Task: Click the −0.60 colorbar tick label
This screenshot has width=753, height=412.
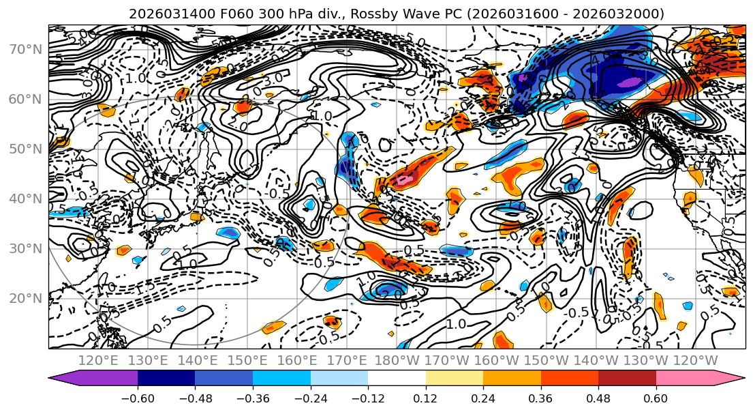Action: [x=138, y=397]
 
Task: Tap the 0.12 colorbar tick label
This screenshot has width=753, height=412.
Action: [x=426, y=397]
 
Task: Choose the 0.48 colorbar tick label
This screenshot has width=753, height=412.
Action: [x=598, y=397]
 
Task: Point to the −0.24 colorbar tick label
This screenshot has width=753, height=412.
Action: [x=310, y=397]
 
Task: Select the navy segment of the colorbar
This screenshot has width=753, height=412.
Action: [x=166, y=379]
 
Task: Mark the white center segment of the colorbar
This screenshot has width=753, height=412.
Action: [x=397, y=379]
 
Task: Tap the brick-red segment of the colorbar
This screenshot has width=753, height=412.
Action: [x=627, y=379]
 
